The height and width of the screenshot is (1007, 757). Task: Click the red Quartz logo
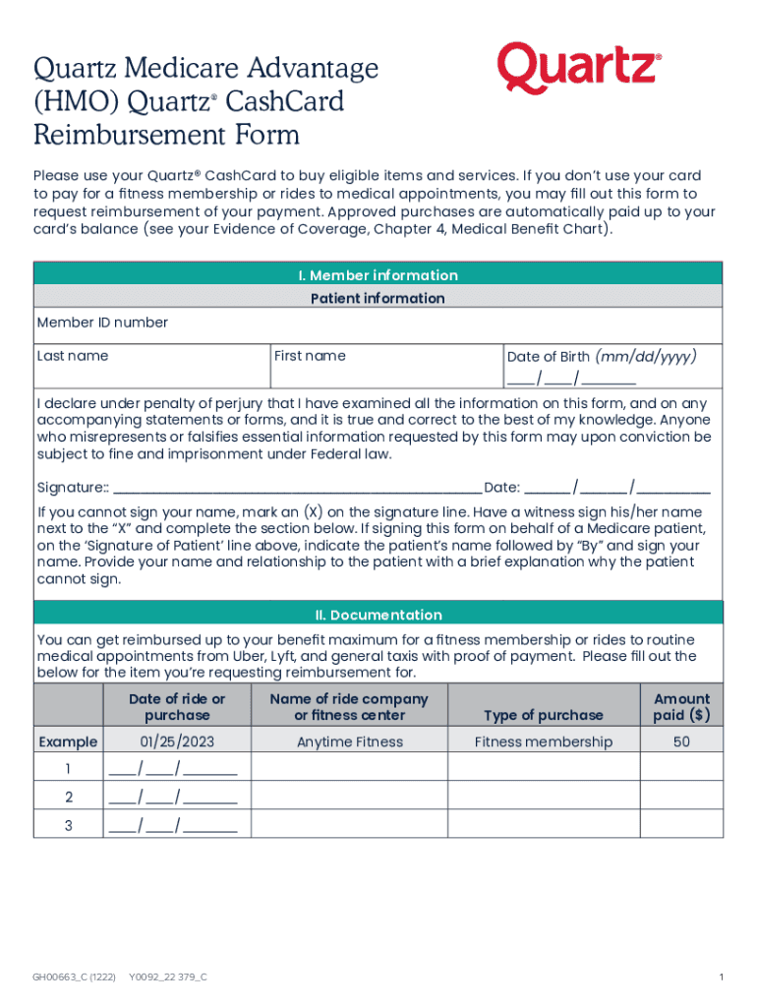(578, 68)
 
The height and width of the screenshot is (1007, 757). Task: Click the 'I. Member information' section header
(378, 274)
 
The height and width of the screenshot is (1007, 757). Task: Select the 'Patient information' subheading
(378, 298)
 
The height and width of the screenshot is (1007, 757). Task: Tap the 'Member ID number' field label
(102, 323)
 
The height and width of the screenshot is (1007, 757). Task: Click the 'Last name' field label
(73, 356)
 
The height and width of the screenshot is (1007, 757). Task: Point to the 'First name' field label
(310, 356)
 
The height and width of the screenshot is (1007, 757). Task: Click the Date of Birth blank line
(571, 380)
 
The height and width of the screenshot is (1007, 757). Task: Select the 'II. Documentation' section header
(378, 615)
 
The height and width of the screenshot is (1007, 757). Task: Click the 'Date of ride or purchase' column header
(177, 706)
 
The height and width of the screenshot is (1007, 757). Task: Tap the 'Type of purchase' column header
(544, 715)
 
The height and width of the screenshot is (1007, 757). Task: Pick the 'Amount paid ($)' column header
(681, 706)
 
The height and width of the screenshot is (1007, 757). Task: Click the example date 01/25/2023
(177, 741)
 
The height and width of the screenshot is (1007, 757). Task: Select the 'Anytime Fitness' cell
(350, 741)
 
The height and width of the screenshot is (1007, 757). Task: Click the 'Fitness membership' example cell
(544, 741)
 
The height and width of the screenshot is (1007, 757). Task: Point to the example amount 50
(681, 741)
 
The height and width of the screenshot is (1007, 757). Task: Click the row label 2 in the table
(68, 797)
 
